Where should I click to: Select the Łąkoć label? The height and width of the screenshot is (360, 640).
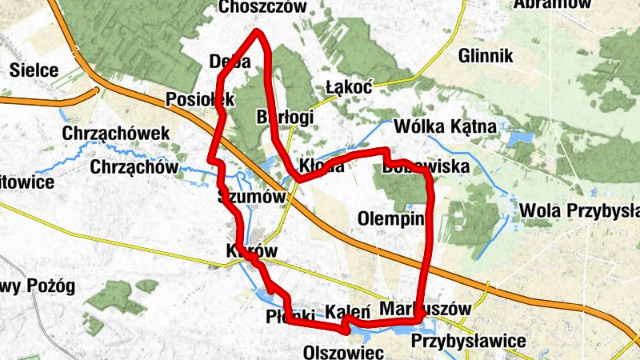point(350,87)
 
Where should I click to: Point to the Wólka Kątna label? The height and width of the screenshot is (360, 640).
point(446,126)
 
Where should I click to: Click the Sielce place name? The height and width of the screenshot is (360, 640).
point(34,70)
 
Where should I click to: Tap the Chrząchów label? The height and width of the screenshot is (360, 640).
point(133,168)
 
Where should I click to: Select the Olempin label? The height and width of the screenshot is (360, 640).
point(390,217)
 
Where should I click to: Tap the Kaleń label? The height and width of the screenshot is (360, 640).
point(347,311)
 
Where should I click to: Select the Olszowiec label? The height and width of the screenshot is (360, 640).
point(344,352)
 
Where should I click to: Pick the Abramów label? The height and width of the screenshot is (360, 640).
point(553,4)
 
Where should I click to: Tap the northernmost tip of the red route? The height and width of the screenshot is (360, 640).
point(258,33)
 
